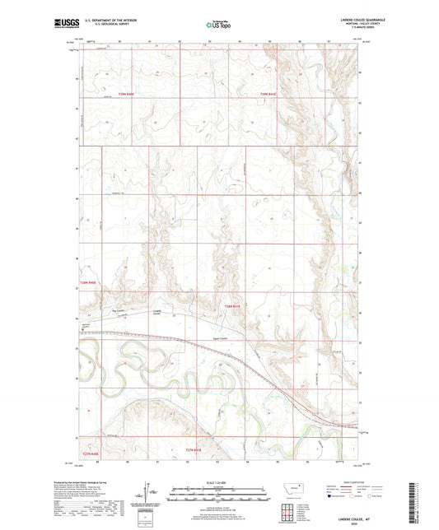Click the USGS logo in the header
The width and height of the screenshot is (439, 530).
click(x=64, y=25)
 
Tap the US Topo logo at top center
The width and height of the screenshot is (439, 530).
click(x=217, y=26)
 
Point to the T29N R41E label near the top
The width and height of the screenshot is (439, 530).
click(x=268, y=95)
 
